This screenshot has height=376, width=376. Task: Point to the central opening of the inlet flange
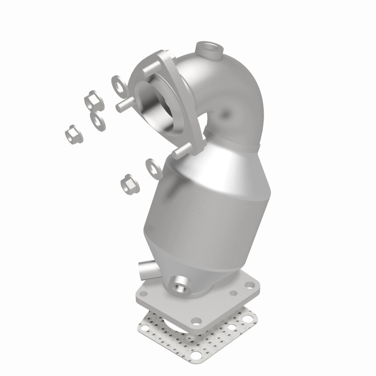tap(162, 104)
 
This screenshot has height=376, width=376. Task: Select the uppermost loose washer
tap(118, 84)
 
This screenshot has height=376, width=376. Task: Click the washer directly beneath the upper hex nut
tap(97, 121)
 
